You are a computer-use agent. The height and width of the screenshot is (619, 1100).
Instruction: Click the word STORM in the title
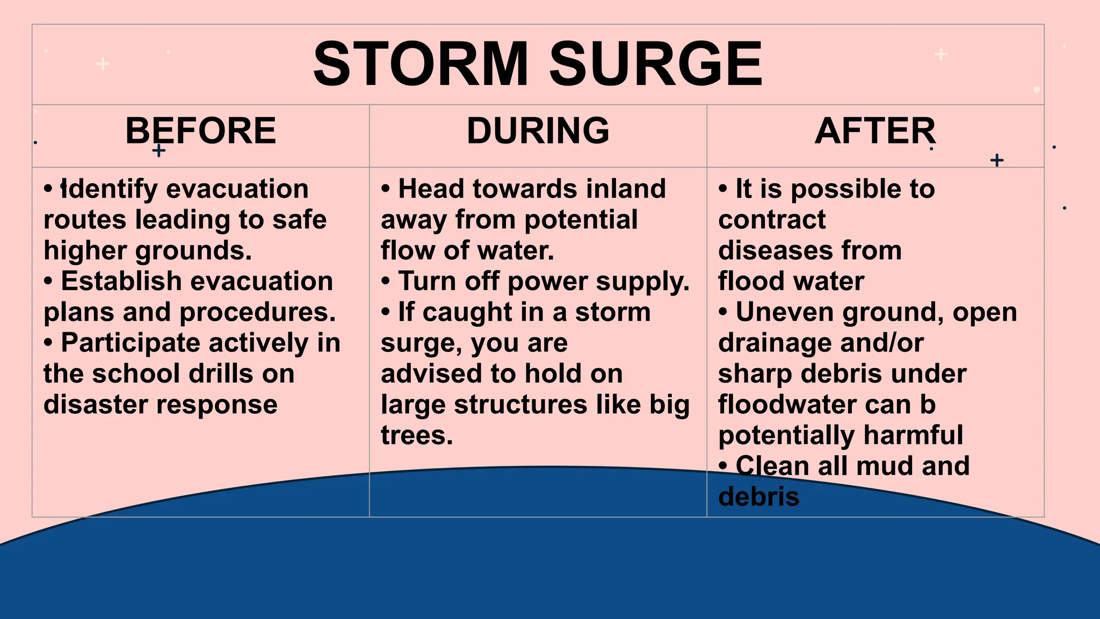(421, 64)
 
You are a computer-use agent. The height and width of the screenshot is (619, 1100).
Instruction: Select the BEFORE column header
(200, 131)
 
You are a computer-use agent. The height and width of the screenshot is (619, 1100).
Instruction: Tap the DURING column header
(538, 131)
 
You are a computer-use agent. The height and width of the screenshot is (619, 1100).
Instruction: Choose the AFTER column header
(875, 131)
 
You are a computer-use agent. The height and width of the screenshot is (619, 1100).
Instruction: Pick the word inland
(626, 189)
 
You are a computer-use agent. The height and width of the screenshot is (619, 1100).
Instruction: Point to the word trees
(417, 435)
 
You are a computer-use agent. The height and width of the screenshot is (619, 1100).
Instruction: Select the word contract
(772, 220)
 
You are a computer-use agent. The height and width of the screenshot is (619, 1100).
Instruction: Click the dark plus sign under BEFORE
(158, 150)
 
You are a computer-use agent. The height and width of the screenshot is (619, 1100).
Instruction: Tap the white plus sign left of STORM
(103, 64)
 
